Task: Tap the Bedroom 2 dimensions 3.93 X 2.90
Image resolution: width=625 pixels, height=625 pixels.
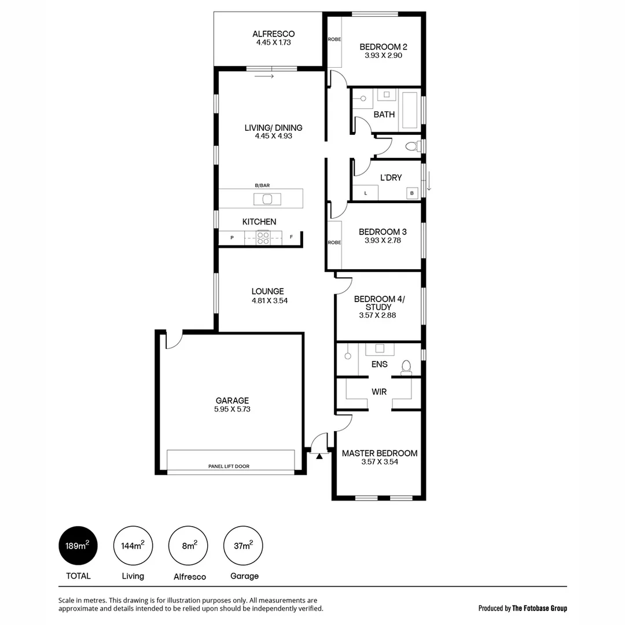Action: click(x=383, y=56)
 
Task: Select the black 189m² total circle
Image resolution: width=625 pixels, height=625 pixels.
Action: click(x=78, y=545)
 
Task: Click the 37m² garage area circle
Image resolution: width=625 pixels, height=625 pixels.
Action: click(x=242, y=545)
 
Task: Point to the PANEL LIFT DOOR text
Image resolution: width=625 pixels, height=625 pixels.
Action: click(x=229, y=466)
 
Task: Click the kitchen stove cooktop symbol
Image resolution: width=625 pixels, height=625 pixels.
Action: click(x=263, y=237)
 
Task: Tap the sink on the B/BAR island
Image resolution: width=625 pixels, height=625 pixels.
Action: click(x=267, y=199)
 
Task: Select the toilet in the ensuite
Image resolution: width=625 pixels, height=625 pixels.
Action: click(x=406, y=366)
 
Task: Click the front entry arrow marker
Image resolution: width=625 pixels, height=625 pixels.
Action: click(x=319, y=456)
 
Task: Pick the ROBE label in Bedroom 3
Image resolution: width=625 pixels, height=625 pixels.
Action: click(x=334, y=242)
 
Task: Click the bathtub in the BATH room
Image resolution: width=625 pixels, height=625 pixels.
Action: click(x=410, y=109)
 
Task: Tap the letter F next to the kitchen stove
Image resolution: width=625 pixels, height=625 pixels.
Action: click(x=292, y=237)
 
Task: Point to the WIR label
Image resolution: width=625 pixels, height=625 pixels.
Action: click(x=379, y=392)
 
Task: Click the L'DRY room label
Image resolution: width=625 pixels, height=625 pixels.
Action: click(x=391, y=178)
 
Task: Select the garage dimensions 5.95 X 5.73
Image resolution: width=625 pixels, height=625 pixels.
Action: click(x=232, y=409)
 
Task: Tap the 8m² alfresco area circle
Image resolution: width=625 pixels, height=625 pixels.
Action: click(x=187, y=545)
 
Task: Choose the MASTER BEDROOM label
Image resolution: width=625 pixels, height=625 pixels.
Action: click(x=379, y=453)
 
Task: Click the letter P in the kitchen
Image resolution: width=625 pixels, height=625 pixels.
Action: click(x=231, y=238)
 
